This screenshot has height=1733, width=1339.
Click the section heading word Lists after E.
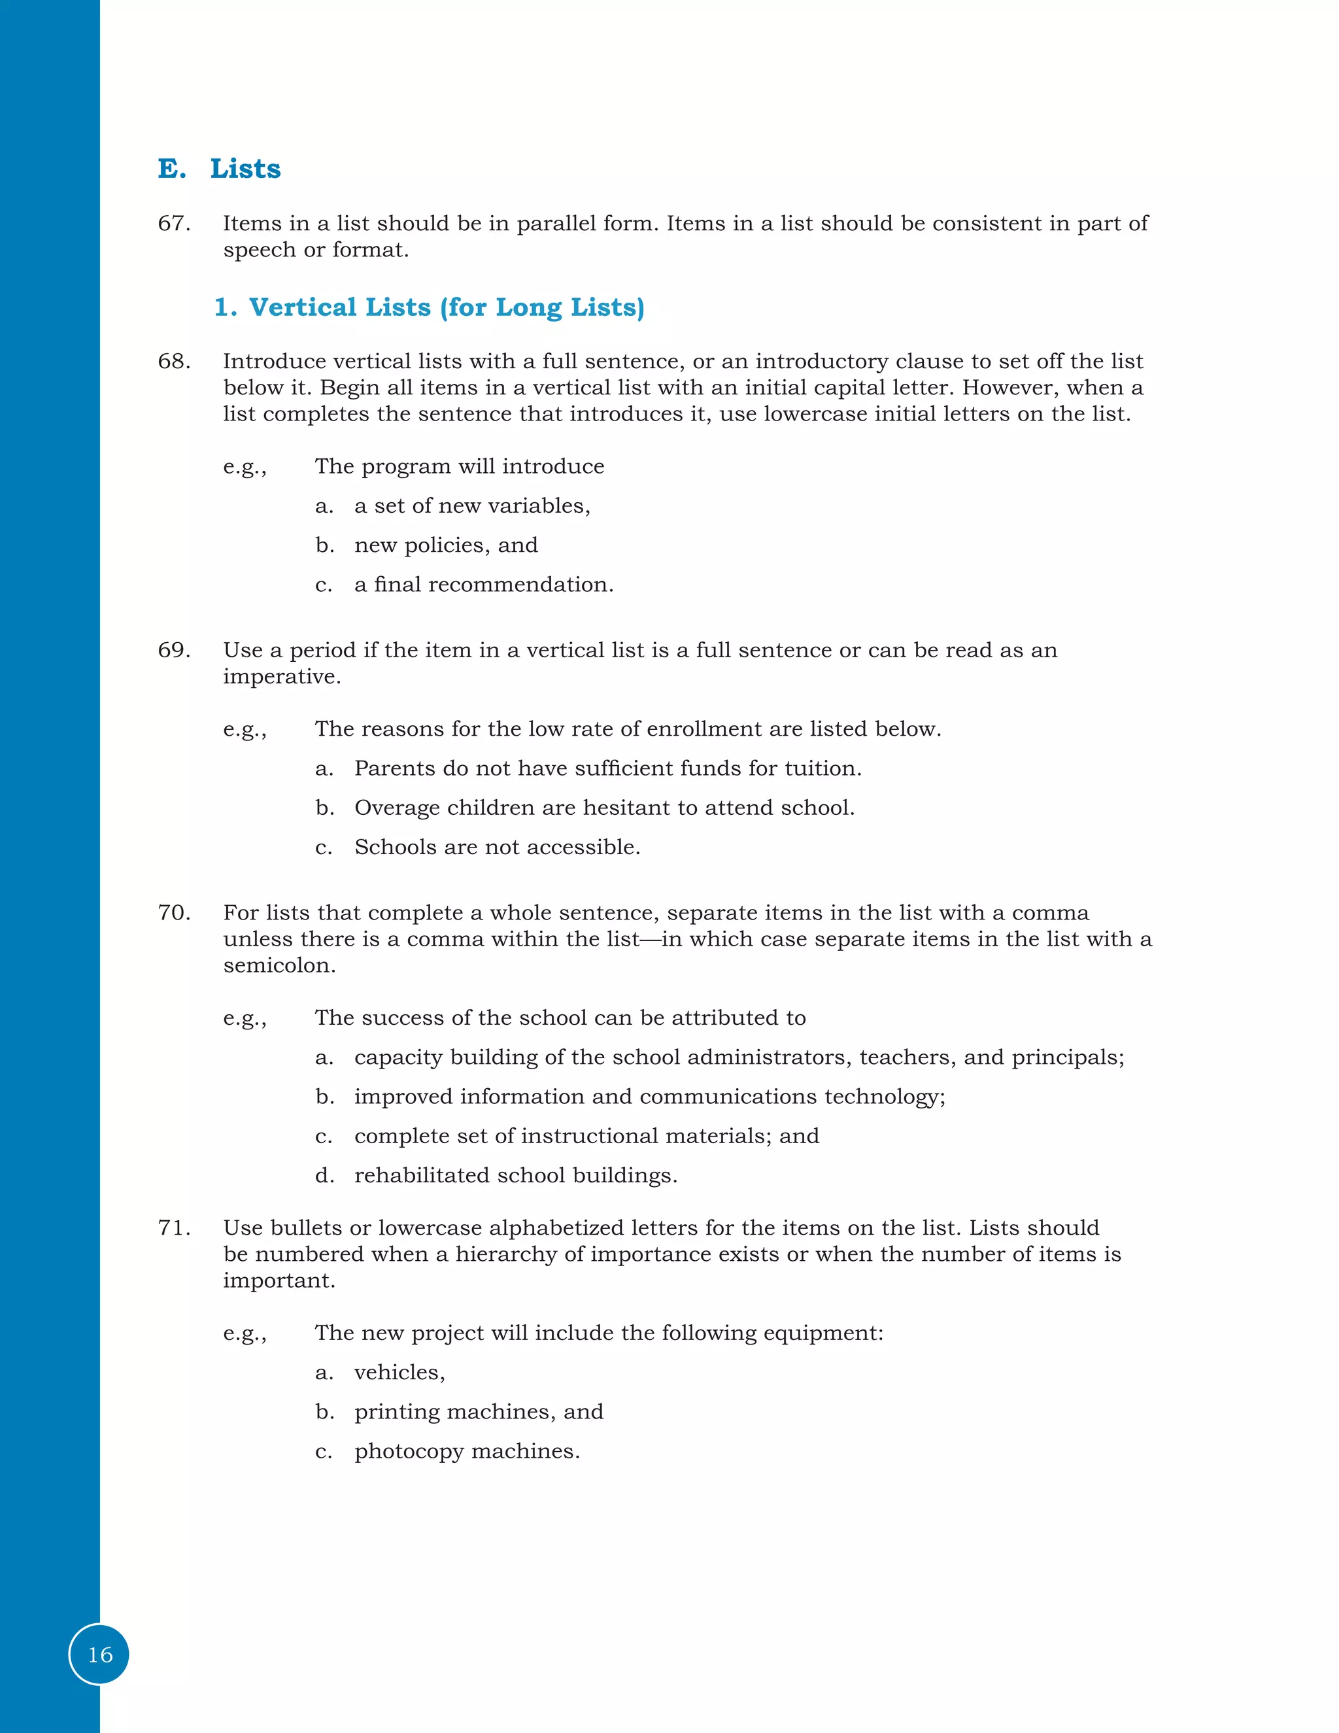tap(245, 169)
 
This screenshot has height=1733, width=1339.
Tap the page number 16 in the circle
tap(100, 1655)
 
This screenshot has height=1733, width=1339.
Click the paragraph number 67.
tap(174, 224)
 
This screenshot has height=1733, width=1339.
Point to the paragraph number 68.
tap(174, 362)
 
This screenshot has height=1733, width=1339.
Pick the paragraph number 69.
tap(174, 651)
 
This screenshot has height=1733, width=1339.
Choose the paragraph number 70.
tap(174, 914)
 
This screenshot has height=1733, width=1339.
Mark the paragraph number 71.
tap(174, 1228)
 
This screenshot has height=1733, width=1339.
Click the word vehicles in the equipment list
tap(398, 1373)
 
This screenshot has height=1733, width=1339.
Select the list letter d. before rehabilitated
tap(324, 1176)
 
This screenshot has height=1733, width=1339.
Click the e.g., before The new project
tap(245, 1334)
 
